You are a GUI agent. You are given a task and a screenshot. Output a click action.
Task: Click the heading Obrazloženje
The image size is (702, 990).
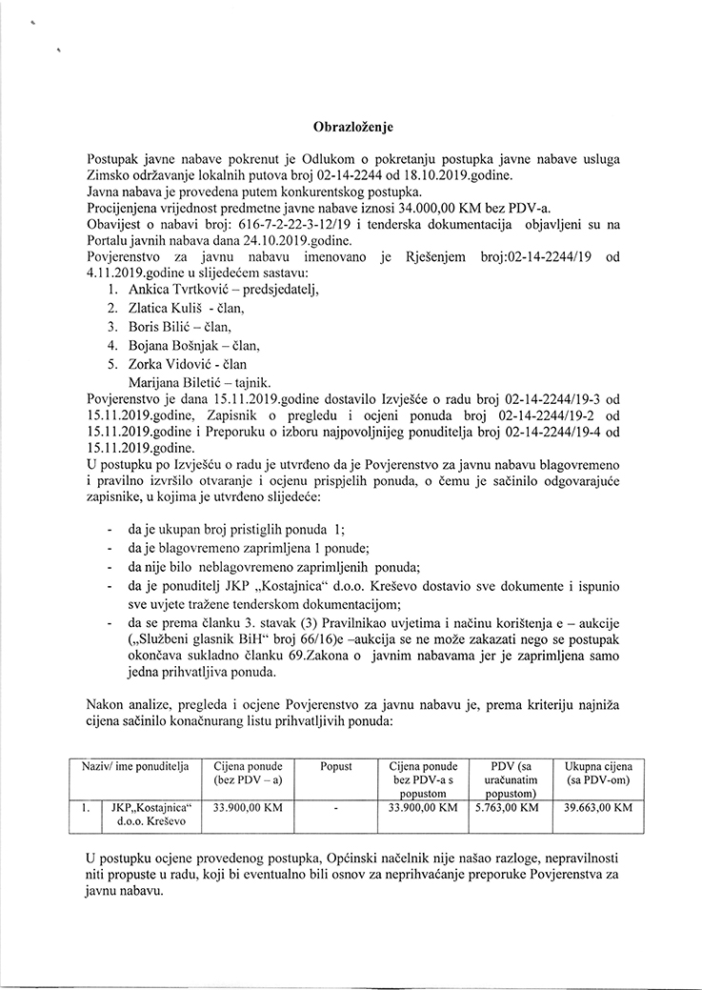click(353, 126)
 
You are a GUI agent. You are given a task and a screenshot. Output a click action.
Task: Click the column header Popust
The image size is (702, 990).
click(336, 766)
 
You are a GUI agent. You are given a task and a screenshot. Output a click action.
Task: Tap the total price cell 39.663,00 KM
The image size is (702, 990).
click(598, 807)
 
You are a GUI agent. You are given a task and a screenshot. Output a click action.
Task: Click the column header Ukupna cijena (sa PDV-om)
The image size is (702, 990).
click(598, 773)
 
